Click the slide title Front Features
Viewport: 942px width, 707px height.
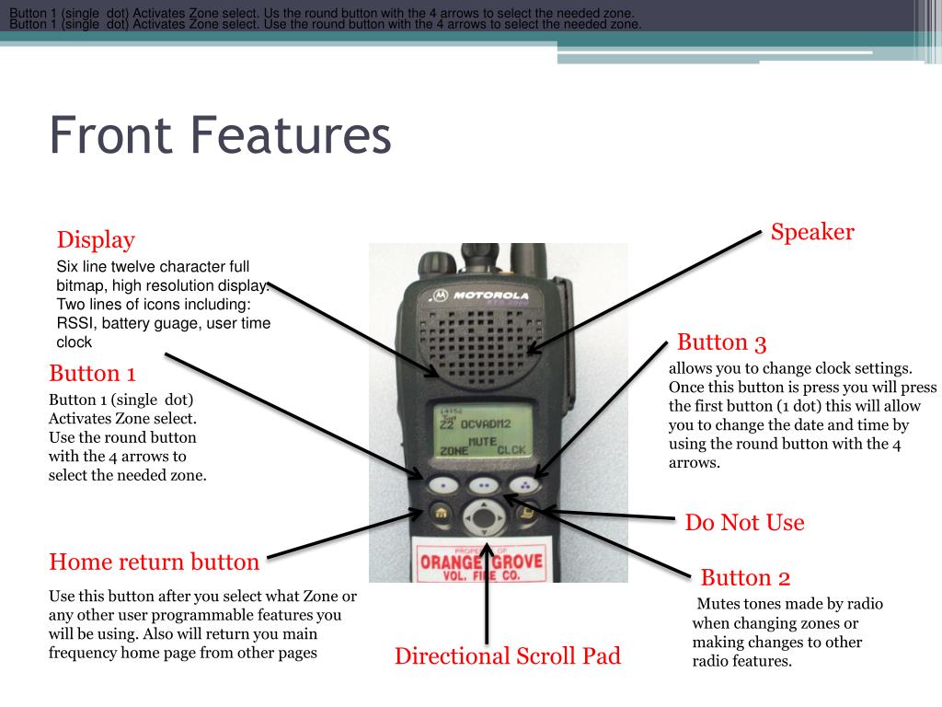(x=221, y=135)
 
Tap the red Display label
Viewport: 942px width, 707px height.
(x=96, y=240)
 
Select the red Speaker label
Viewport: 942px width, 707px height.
(x=812, y=232)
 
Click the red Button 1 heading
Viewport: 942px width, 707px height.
(x=92, y=373)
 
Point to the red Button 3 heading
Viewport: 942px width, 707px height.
(x=721, y=342)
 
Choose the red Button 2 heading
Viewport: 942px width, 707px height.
(x=745, y=578)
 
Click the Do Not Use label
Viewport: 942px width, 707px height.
(x=744, y=523)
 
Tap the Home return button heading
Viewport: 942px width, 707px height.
(x=154, y=562)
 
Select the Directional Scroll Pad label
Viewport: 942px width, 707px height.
(x=507, y=656)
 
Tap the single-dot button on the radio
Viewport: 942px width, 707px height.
(x=443, y=483)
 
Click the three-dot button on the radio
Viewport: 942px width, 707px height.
(x=525, y=482)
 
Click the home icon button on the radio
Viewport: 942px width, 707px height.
(x=441, y=513)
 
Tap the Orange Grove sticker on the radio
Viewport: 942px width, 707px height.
(x=481, y=562)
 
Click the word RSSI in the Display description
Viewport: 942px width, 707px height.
(x=75, y=323)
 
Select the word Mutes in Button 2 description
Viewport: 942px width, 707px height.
(x=718, y=604)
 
